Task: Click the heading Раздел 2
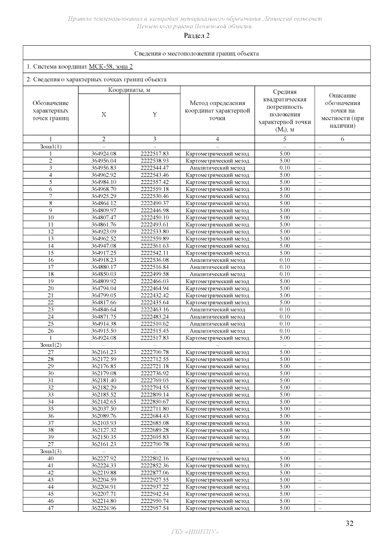tap(197, 36)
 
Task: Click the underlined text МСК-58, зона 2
tap(111, 67)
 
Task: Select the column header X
tap(104, 114)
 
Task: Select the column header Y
tap(155, 114)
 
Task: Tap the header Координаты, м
tap(129, 90)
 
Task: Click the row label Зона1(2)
tap(51, 345)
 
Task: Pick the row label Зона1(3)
tap(51, 451)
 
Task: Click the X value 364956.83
tap(104, 168)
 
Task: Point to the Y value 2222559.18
tap(155, 189)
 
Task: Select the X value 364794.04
tap(104, 288)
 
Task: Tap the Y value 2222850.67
tap(155, 402)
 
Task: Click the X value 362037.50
tap(104, 409)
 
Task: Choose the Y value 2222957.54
tap(155, 508)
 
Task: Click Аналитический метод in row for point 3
tap(217, 168)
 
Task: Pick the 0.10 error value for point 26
tap(285, 331)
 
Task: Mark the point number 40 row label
tap(51, 458)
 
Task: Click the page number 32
tap(349, 523)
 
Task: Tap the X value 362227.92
tap(104, 458)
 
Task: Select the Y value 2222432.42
tap(155, 295)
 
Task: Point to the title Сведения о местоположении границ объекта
tap(196, 53)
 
